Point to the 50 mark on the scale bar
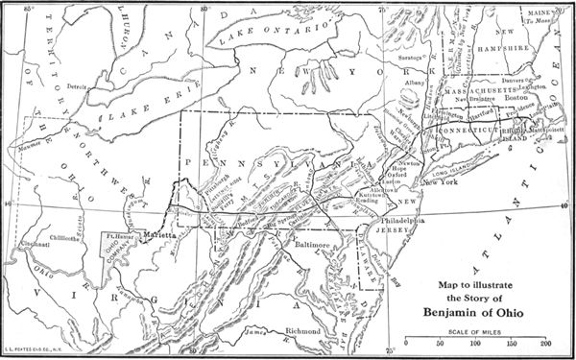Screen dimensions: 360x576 click(440, 342)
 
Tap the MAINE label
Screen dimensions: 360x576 click(539, 12)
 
